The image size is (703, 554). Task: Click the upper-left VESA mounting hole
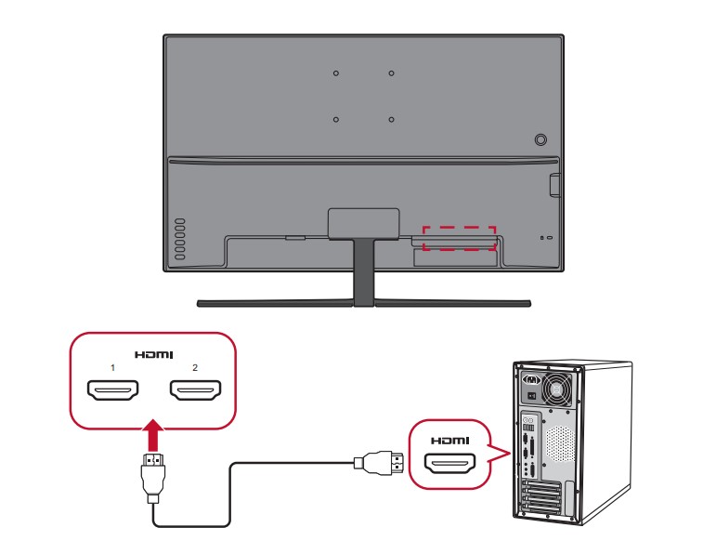click(336, 73)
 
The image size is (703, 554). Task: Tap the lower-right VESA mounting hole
click(392, 119)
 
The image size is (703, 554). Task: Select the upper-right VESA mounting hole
click(392, 73)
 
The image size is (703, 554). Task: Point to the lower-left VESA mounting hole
click(336, 119)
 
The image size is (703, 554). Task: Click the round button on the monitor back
click(541, 140)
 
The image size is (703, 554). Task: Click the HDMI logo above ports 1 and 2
click(153, 354)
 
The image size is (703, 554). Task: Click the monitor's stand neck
click(363, 273)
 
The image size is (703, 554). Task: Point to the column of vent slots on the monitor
click(179, 239)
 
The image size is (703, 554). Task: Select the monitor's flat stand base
click(363, 303)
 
